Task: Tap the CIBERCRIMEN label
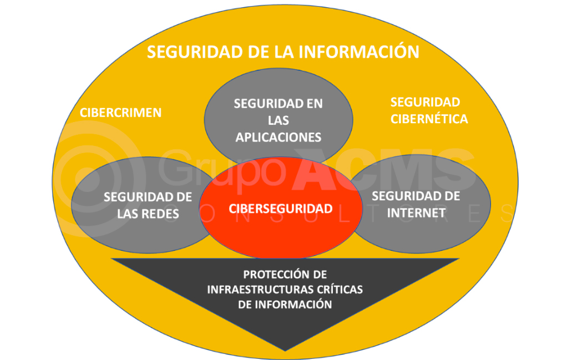pyautogui.click(x=120, y=113)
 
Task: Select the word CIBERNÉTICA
pyautogui.click(x=429, y=119)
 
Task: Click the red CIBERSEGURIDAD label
pyautogui.click(x=281, y=209)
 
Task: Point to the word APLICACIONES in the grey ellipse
pyautogui.click(x=279, y=138)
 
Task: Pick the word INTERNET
pyautogui.click(x=416, y=212)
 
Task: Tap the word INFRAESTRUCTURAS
pyautogui.click(x=255, y=290)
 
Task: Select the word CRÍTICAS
pyautogui.click(x=335, y=290)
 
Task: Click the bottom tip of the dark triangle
pyautogui.click(x=285, y=351)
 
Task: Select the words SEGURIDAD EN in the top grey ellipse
pyautogui.click(x=279, y=104)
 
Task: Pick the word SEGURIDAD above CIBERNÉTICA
pyautogui.click(x=426, y=102)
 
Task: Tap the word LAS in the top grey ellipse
pyautogui.click(x=279, y=120)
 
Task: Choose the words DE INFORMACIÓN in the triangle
pyautogui.click(x=285, y=305)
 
